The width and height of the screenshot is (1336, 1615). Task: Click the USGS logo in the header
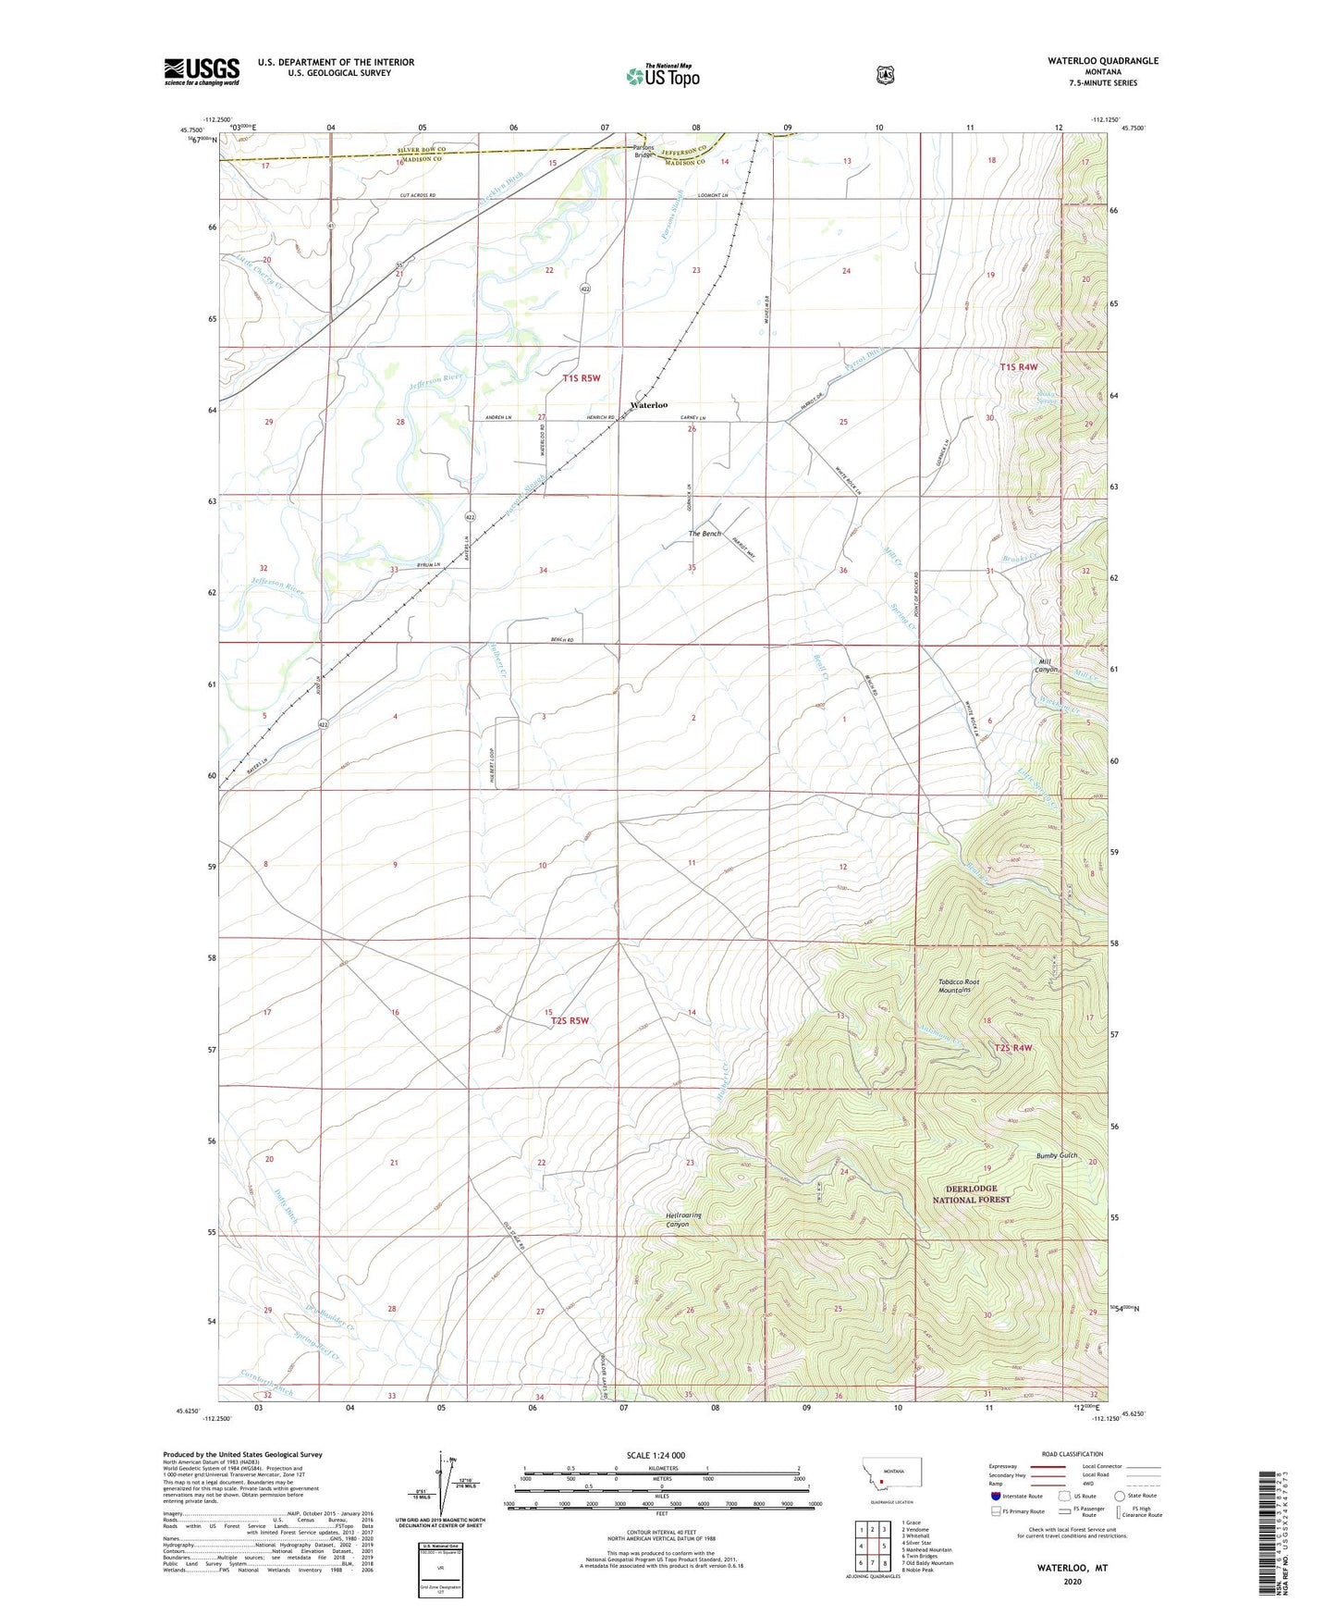coord(202,71)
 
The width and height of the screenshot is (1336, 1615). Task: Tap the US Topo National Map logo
coord(662,76)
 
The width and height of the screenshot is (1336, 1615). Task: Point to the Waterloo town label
coord(649,405)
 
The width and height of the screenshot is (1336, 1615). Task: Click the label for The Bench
coord(705,534)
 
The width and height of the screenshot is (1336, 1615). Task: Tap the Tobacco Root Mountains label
coord(958,986)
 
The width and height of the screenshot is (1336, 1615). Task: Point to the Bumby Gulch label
coord(1056,1155)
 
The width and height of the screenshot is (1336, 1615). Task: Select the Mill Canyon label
coord(1048,665)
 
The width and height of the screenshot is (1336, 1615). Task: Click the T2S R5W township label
coord(570,1021)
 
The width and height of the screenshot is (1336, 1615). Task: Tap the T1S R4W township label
coord(1019,367)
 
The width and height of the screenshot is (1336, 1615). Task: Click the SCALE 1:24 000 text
coord(656,1455)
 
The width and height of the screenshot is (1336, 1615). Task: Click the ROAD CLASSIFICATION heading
coord(1072,1454)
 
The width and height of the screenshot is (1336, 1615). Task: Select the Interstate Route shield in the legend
coord(995,1495)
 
